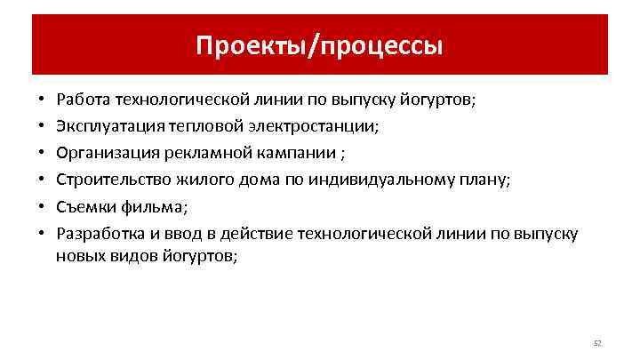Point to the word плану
click(484, 180)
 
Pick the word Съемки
click(83, 206)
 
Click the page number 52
click(597, 341)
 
